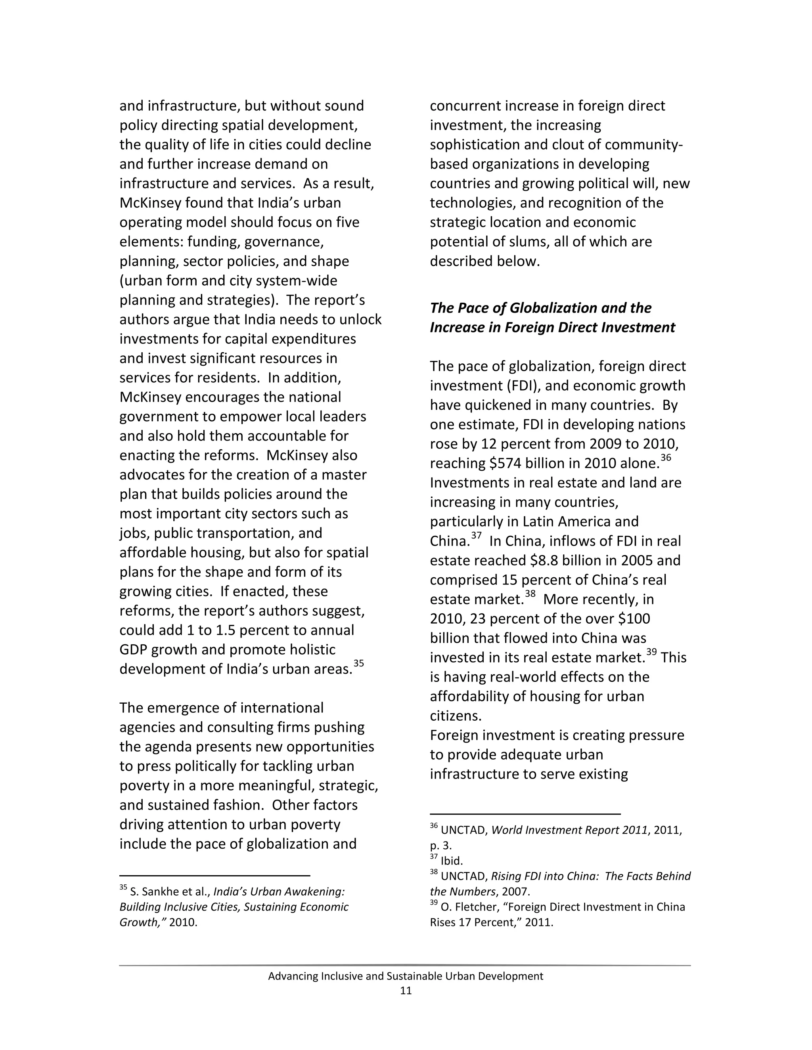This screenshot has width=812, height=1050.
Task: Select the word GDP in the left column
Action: coord(133,650)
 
